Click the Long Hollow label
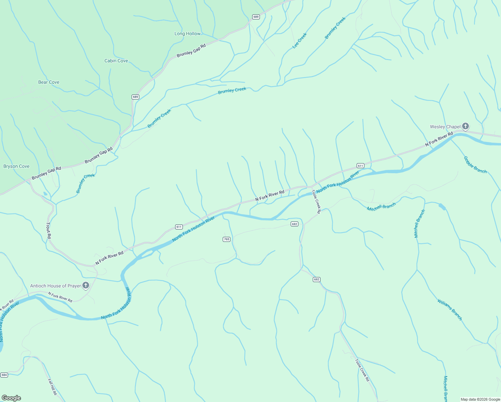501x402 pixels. tap(187, 34)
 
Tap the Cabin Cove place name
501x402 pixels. tap(116, 61)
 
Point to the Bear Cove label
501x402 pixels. tap(49, 82)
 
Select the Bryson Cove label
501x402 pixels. tap(16, 166)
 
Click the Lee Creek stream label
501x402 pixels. tap(300, 41)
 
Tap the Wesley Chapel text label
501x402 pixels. tap(445, 127)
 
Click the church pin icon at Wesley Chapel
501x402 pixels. tap(465, 126)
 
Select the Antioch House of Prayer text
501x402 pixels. tap(56, 286)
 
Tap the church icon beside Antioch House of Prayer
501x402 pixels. tap(86, 285)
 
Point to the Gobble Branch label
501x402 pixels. tap(475, 165)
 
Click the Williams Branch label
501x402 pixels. tap(449, 310)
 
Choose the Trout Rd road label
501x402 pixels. tap(49, 230)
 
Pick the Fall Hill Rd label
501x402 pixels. tap(52, 387)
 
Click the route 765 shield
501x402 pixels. tap(226, 239)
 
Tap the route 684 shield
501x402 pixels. tap(4, 375)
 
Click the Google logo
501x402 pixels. tap(11, 398)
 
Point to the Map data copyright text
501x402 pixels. tap(480, 399)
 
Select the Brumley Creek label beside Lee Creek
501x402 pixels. tap(335, 28)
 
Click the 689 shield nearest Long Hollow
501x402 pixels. tap(256, 17)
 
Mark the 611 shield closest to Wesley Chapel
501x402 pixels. tap(360, 166)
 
